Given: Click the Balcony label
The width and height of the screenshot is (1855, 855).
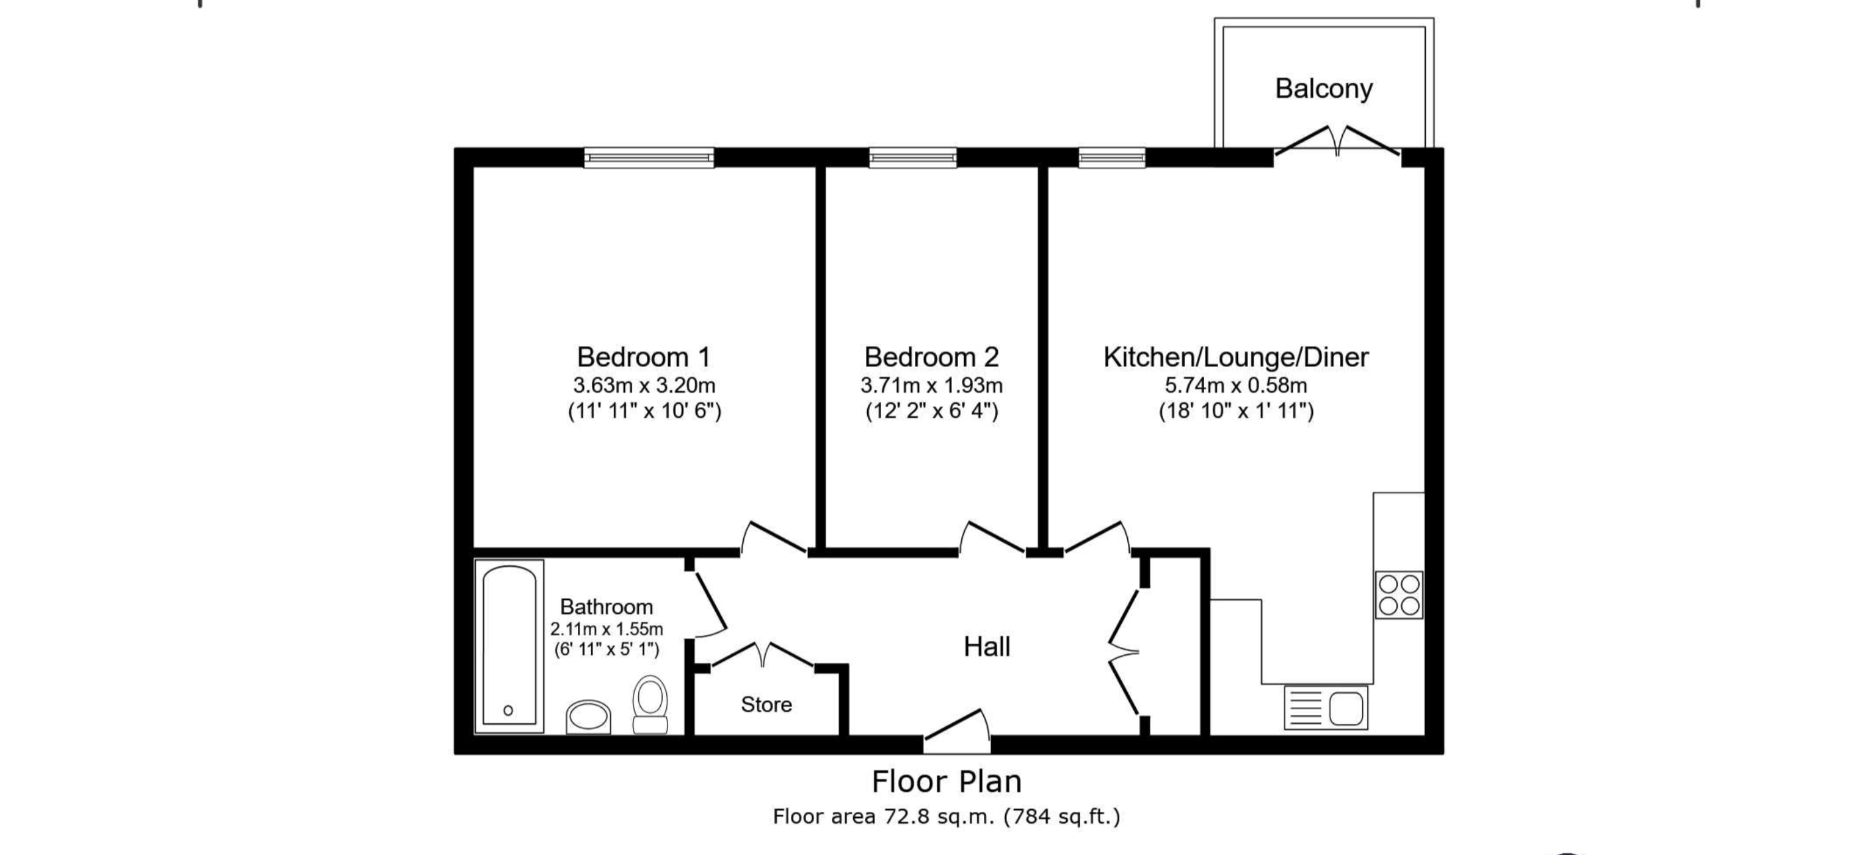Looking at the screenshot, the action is pos(1324,89).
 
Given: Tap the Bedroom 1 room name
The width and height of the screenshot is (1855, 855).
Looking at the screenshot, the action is pos(644,357).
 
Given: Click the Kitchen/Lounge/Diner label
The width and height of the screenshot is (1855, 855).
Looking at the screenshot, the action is pos(1236,357).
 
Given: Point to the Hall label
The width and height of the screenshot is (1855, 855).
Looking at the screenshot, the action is pos(987,647).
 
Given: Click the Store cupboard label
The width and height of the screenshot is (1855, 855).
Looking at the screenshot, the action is pos(766,705).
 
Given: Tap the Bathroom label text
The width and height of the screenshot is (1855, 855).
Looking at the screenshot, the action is pos(606,606).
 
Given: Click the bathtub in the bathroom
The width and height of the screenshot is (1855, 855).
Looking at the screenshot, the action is pos(509,646).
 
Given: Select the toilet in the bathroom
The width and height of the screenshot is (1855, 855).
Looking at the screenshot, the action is pos(650,704).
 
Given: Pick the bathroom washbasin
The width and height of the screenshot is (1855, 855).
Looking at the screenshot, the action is pos(588,718).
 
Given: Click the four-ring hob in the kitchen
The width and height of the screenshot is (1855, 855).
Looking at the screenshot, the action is pos(1399,595).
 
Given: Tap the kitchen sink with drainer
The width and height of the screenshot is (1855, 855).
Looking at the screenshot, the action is pos(1326,707).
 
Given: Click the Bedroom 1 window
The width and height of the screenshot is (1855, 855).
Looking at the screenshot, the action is pos(649,158).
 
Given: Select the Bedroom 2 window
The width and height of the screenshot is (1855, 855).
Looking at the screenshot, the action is pos(913,158).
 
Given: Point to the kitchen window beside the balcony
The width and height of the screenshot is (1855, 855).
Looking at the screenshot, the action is pos(1112,158).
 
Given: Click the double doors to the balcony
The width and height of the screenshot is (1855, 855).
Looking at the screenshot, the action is pos(1338,142).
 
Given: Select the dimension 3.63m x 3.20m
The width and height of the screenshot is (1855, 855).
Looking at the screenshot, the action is pos(644,385).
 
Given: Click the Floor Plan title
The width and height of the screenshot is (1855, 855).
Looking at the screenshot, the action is pos(946,781).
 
